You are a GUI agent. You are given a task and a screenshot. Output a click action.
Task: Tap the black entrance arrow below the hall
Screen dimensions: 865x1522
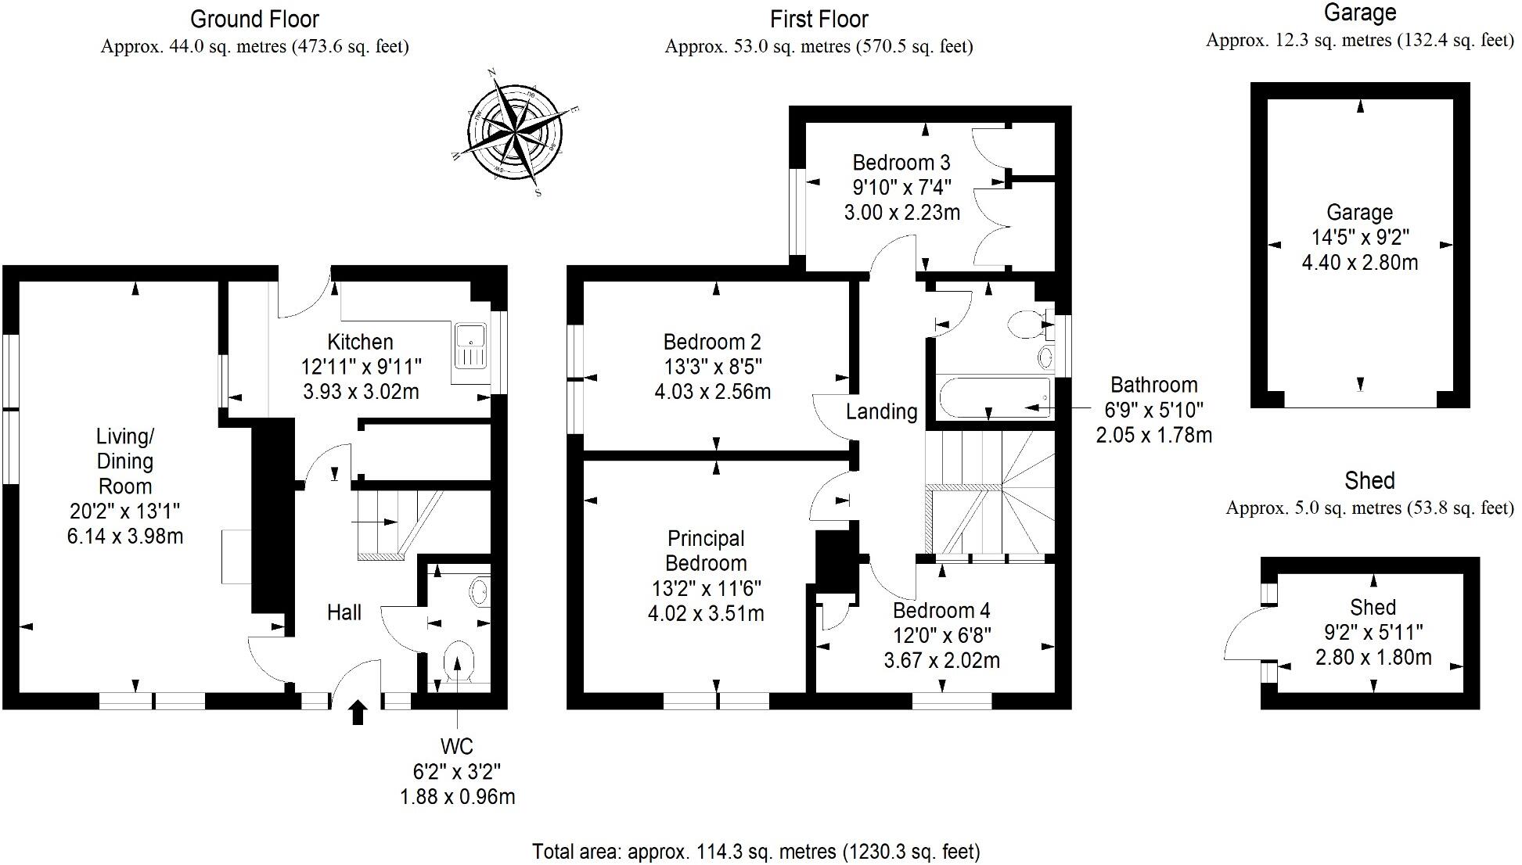coord(358,712)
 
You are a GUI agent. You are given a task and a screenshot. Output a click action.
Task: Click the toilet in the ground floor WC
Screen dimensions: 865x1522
coord(459,663)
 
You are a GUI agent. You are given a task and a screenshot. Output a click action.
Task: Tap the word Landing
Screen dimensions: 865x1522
coord(881,411)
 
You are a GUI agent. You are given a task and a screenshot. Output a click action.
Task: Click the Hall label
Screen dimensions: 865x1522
coord(344,612)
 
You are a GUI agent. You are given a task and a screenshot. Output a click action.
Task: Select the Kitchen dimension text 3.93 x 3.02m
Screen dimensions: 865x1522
coord(361,391)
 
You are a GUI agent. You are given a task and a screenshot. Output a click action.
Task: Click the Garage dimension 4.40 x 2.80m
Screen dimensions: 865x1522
coord(1359,263)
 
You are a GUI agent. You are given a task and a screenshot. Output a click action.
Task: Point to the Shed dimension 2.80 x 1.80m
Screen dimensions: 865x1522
coord(1373,657)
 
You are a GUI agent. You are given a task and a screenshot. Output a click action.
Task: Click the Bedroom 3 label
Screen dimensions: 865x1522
coord(901,163)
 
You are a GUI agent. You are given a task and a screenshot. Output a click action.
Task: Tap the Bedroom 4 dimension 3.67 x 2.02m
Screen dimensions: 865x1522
coord(941,661)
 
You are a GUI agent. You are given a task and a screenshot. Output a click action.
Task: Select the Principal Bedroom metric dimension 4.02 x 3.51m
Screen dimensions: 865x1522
coord(706,614)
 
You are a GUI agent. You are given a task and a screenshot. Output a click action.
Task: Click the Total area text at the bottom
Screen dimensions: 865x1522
coord(756,851)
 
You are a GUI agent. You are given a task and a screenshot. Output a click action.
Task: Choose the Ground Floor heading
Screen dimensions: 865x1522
coord(255,19)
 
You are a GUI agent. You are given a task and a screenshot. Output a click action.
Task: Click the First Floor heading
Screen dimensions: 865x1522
coord(819,19)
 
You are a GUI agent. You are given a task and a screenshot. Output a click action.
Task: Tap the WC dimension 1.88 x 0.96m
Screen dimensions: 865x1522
coord(458,797)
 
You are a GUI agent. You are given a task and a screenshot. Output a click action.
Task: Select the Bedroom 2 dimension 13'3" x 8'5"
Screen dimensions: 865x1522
coord(712,367)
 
